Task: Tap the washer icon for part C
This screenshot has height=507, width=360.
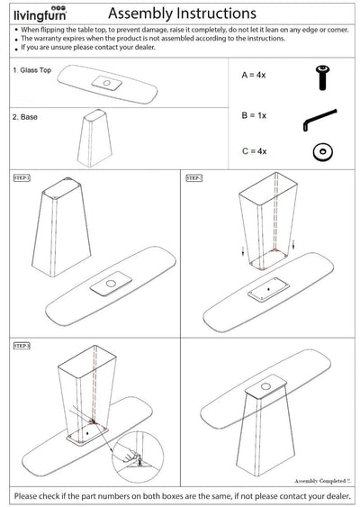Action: pyautogui.click(x=319, y=151)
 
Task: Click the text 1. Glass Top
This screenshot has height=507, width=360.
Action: pyautogui.click(x=32, y=70)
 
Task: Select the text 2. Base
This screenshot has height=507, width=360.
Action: pyautogui.click(x=25, y=117)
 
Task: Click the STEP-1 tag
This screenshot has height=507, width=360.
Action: pyautogui.click(x=22, y=177)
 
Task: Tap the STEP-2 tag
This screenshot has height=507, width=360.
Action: pyautogui.click(x=194, y=177)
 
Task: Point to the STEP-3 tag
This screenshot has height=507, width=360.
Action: pyautogui.click(x=22, y=344)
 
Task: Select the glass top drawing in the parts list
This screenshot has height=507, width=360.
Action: pyautogui.click(x=108, y=86)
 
